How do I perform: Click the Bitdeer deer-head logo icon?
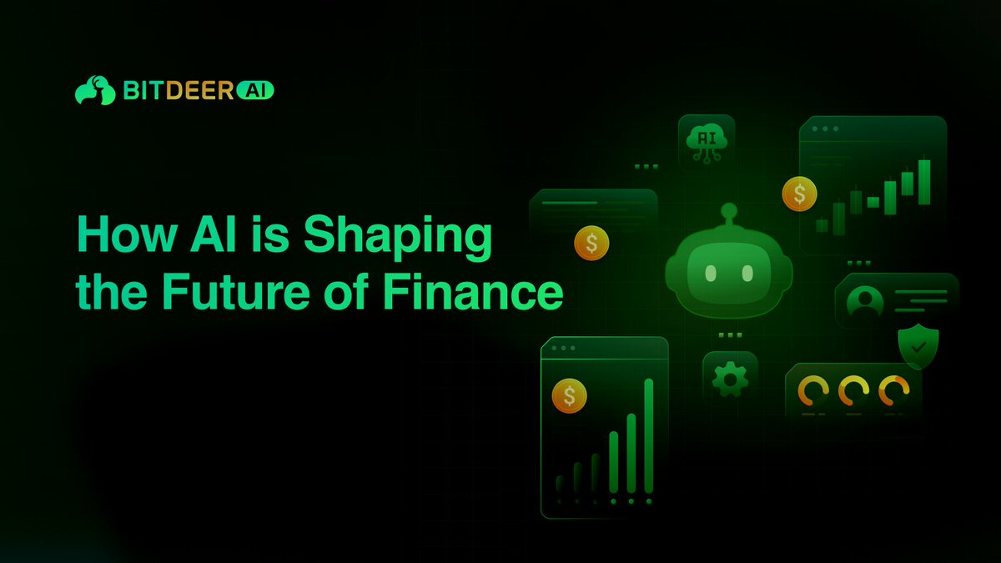pyautogui.click(x=94, y=90)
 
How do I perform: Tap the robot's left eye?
pyautogui.click(x=711, y=273)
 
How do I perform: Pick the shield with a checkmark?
pyautogui.click(x=918, y=346)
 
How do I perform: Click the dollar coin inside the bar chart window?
pyautogui.click(x=569, y=395)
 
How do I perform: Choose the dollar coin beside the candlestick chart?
pyautogui.click(x=799, y=194)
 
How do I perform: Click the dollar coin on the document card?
pyautogui.click(x=591, y=244)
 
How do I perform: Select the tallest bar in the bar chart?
pyautogui.click(x=648, y=435)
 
